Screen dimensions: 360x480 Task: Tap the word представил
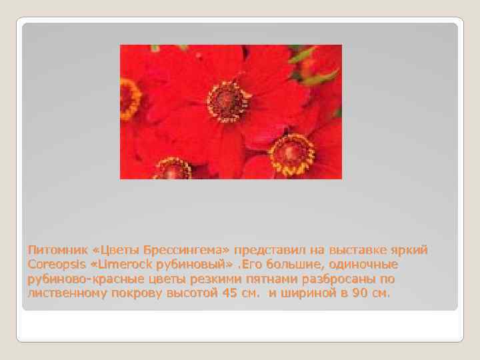(270, 250)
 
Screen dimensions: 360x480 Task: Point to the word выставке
(364, 250)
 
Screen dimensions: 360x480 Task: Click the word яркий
(412, 250)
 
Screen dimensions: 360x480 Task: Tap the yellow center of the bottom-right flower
(291, 153)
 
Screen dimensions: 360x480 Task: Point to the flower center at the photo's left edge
(129, 99)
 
